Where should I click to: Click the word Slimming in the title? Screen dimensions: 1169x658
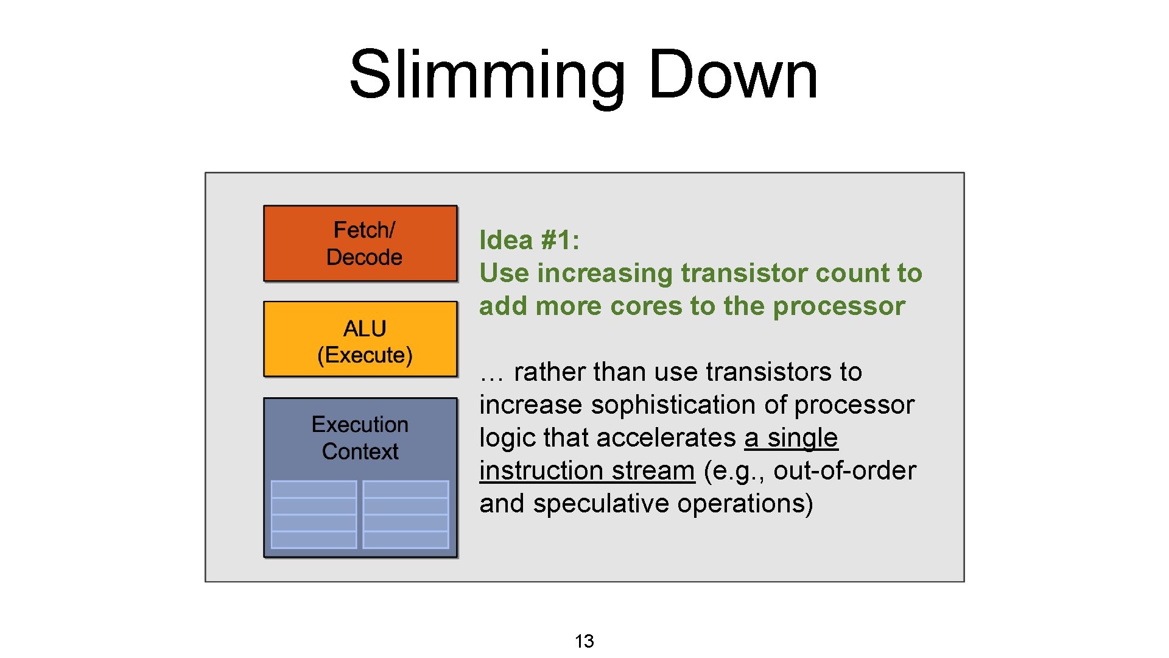pyautogui.click(x=487, y=74)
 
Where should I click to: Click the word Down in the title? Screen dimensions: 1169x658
pyautogui.click(x=733, y=74)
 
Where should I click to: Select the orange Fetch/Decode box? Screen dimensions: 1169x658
pyautogui.click(x=360, y=243)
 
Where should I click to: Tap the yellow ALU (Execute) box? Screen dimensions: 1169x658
pyautogui.click(x=360, y=339)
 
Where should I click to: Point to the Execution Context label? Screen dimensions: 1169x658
pyautogui.click(x=360, y=437)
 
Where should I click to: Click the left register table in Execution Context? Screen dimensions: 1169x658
pyautogui.click(x=314, y=514)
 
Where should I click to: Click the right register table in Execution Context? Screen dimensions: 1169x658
pyautogui.click(x=405, y=514)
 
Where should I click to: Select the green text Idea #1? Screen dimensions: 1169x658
pyautogui.click(x=529, y=240)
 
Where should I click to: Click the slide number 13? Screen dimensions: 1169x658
pyautogui.click(x=584, y=641)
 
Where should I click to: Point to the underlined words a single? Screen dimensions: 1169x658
pyautogui.click(x=791, y=437)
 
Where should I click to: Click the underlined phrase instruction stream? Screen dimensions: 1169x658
pyautogui.click(x=587, y=470)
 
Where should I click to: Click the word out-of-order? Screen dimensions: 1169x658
pyautogui.click(x=844, y=470)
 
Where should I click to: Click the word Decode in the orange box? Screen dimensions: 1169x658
pyautogui.click(x=364, y=257)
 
